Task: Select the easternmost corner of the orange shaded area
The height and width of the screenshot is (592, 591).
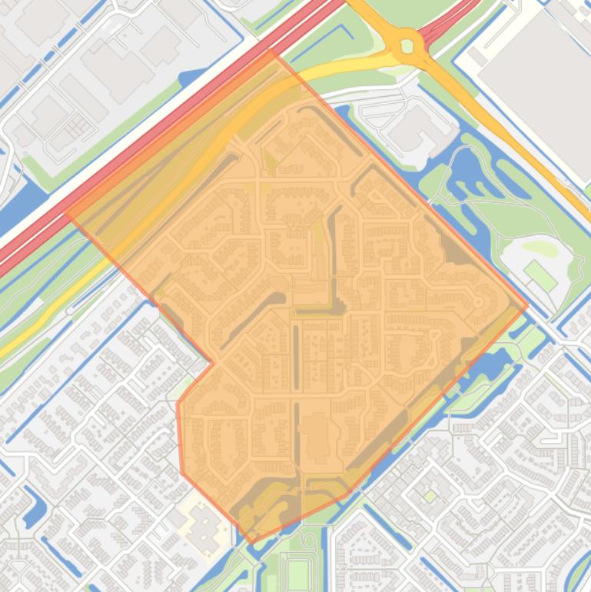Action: coord(528,306)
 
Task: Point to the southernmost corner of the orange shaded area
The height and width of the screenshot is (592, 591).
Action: coord(251,543)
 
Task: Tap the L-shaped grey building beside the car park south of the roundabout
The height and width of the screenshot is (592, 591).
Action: coord(415,127)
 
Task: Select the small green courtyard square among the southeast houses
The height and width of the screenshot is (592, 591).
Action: coord(430,497)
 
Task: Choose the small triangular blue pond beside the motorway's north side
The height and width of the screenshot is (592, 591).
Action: coord(187,78)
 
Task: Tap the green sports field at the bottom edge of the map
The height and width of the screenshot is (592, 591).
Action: coord(297,573)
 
